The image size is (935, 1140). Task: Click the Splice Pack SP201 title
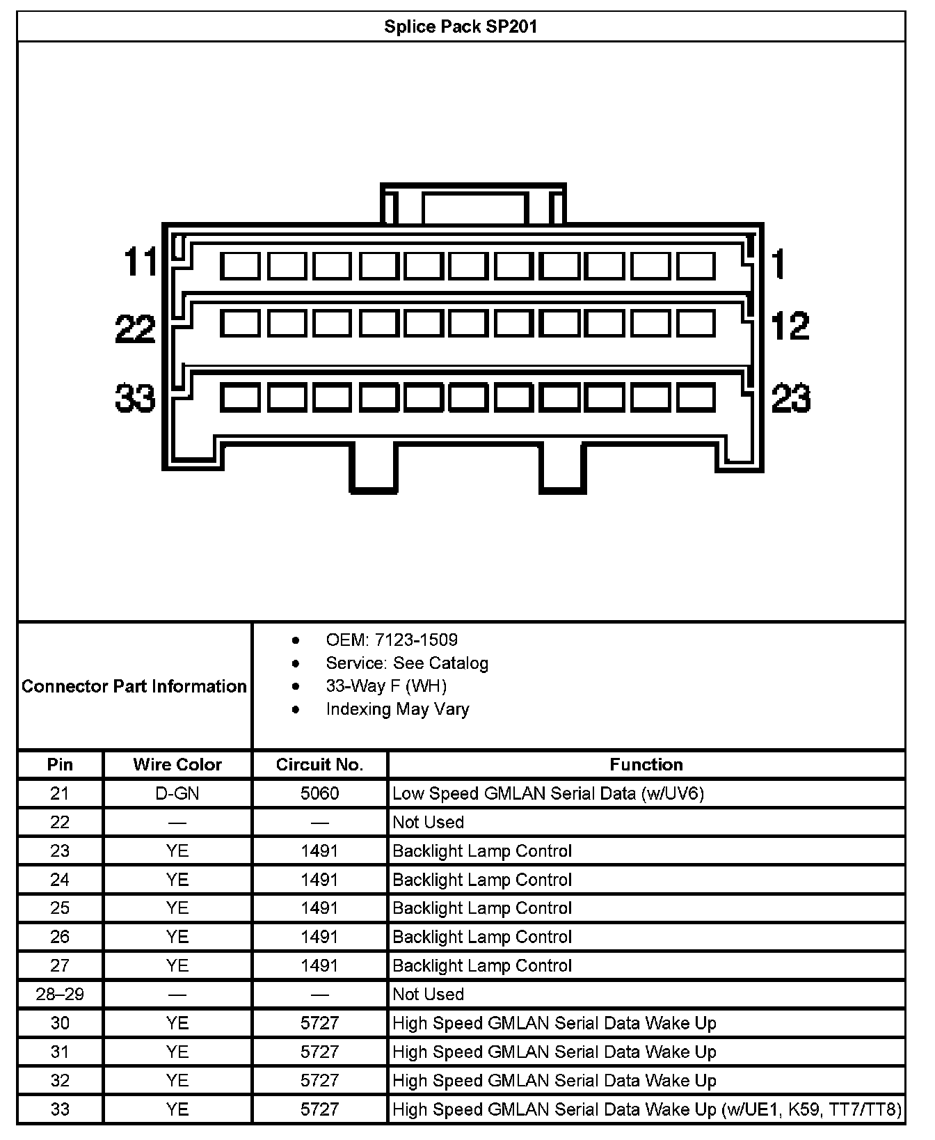click(461, 27)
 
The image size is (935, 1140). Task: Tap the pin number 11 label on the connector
click(141, 262)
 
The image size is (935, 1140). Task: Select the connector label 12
click(790, 326)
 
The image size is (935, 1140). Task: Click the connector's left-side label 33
click(135, 399)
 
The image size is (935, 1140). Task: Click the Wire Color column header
click(177, 765)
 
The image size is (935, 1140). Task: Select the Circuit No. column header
click(319, 765)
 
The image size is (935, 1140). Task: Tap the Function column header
click(646, 765)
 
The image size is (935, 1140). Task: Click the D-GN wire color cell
click(177, 793)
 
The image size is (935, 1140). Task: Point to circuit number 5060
click(319, 793)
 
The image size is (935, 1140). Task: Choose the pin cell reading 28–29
click(60, 994)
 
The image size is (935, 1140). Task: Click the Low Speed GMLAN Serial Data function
click(548, 793)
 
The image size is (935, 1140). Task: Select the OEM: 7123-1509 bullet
click(392, 640)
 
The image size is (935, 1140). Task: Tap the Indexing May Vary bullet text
click(397, 709)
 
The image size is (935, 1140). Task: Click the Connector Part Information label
click(134, 686)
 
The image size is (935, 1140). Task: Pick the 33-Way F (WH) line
click(386, 686)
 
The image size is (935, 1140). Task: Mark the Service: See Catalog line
click(407, 663)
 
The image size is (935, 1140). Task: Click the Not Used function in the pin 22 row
click(428, 822)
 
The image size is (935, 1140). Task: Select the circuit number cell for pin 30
click(319, 1023)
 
